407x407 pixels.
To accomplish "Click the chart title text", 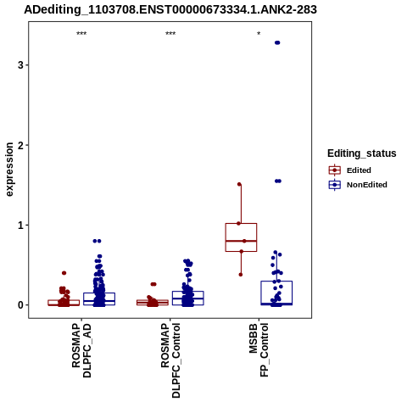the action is click(170, 9).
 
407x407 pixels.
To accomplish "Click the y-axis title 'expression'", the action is click(9, 170).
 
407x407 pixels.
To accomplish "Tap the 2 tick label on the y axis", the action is click(20, 145).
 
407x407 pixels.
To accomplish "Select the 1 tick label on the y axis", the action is click(20, 226).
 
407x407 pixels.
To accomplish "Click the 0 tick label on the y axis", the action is click(20, 305).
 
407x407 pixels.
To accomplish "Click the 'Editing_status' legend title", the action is click(362, 153).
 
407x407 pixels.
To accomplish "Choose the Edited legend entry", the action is click(349, 170).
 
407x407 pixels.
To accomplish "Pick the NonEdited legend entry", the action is click(358, 185).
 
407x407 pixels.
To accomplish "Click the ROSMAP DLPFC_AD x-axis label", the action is click(81, 350).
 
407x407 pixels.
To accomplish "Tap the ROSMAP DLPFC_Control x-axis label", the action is click(170, 360).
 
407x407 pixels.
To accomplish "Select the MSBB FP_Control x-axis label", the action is click(259, 350).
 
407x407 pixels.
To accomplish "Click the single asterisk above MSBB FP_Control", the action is click(259, 34).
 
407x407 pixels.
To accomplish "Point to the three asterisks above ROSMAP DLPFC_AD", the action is click(81, 34).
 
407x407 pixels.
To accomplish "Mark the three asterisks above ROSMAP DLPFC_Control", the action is click(170, 34).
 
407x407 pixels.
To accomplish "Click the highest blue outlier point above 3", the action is click(277, 42).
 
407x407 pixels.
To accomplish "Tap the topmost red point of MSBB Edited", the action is click(239, 184).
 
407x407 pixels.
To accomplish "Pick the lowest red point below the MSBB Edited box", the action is click(241, 275).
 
